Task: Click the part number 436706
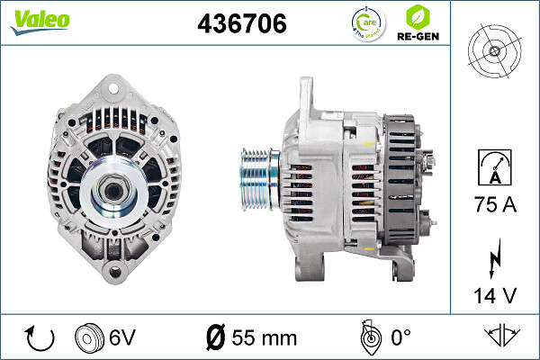241,25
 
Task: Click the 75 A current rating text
496,206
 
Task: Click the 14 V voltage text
496,293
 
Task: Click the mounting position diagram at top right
496,50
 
